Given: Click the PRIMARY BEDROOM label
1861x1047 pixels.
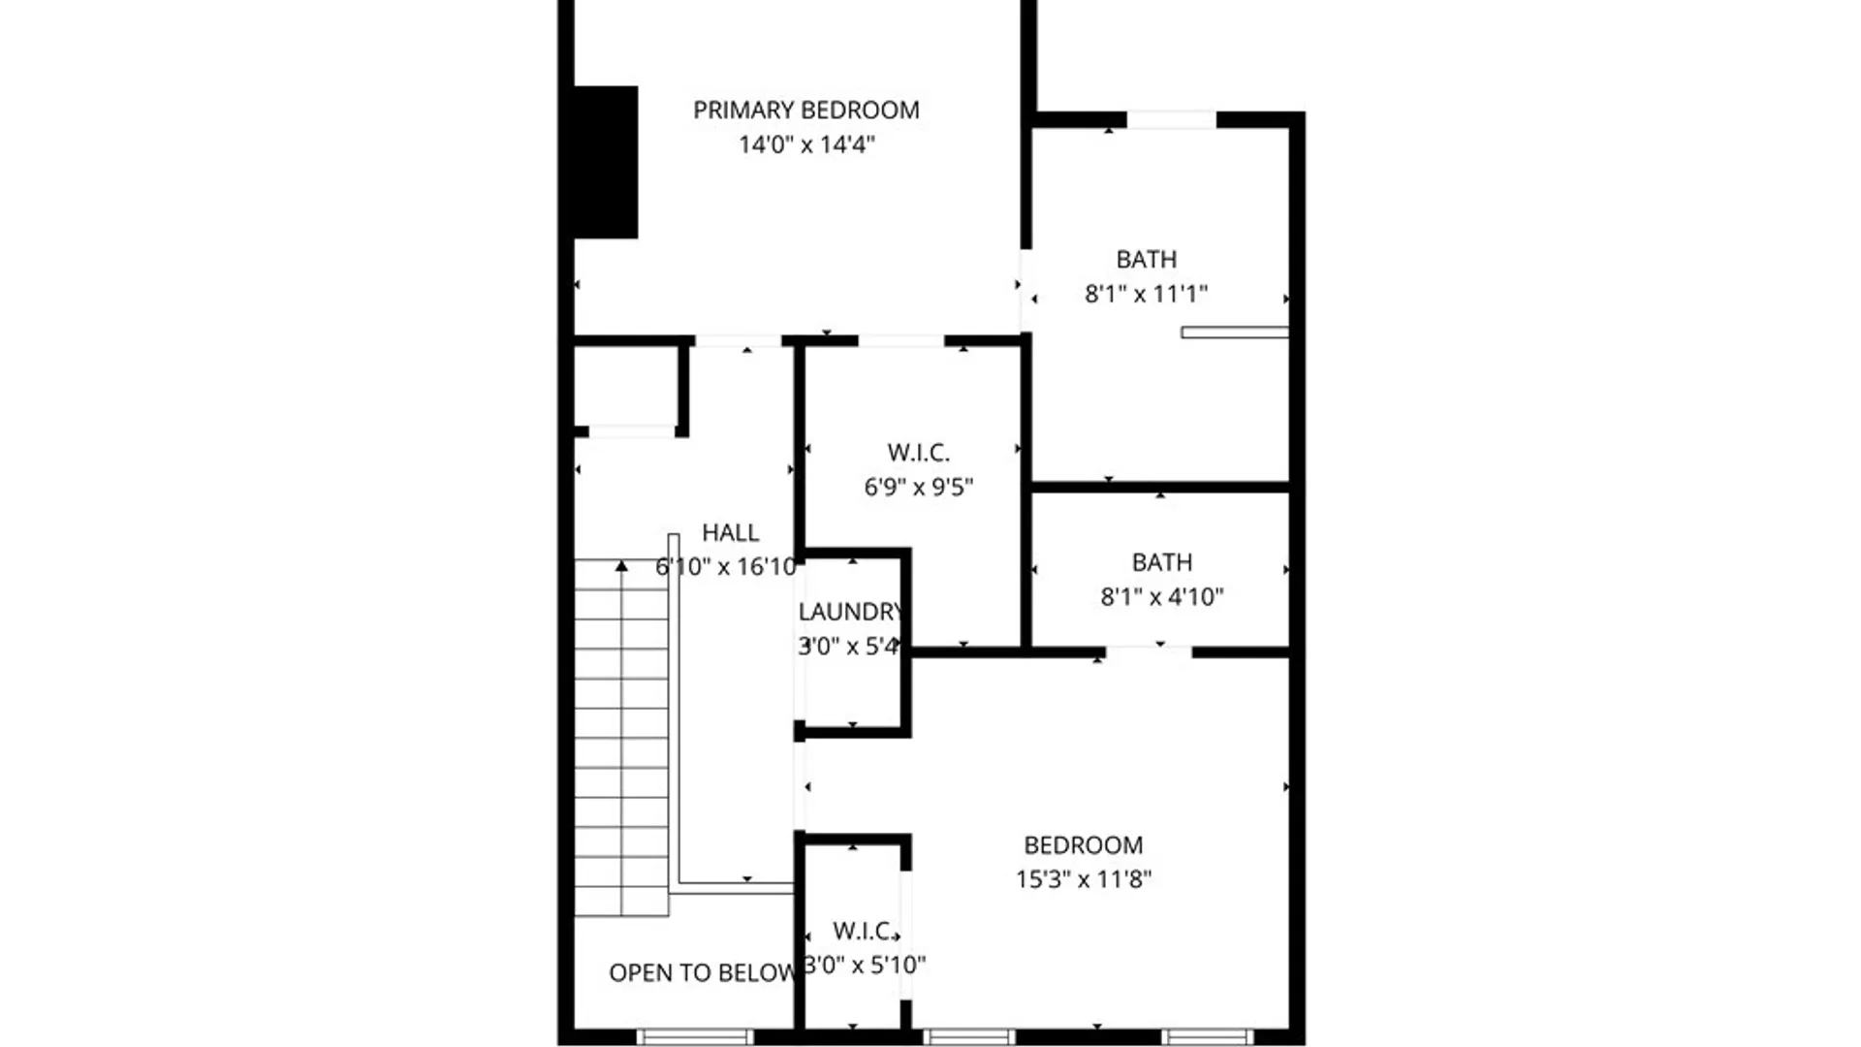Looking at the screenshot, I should [805, 111].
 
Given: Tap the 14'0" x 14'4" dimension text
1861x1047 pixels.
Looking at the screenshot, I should [806, 144].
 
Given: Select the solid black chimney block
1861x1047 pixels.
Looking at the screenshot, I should [606, 162].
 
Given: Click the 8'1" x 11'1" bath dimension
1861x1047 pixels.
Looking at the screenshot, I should [1146, 294].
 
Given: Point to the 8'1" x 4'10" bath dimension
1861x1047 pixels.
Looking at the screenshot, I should [1161, 597].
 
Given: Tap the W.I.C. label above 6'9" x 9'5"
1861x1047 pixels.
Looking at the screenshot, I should [918, 453].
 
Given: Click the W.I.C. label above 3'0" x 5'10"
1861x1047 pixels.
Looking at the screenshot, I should [863, 932].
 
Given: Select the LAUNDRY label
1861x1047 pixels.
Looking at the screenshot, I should [850, 612].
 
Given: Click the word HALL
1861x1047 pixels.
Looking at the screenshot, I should [730, 533].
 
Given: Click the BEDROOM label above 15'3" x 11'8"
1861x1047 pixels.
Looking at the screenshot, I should [1083, 845].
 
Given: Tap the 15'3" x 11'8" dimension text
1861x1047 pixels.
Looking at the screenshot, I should [1083, 879].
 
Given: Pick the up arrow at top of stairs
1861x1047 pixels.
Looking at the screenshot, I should [621, 566].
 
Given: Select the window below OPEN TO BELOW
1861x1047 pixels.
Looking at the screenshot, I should [694, 1037].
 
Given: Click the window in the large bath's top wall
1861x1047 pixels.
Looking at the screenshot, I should [1171, 120].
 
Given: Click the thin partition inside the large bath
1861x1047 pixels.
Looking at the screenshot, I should [1234, 333].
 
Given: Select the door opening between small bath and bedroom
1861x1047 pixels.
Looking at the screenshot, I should [1149, 652].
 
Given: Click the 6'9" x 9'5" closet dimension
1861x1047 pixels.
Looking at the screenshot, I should [918, 487].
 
